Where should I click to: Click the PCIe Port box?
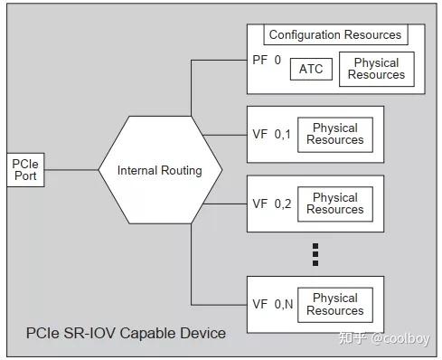24,170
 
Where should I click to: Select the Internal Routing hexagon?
159,170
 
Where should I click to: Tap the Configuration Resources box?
334,35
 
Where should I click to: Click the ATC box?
311,69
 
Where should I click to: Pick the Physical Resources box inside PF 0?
376,69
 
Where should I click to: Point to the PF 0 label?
267,62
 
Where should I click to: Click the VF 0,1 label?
271,135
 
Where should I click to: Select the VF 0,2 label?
271,204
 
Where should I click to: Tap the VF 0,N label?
271,304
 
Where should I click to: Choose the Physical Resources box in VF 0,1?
334,134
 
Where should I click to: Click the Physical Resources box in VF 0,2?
334,204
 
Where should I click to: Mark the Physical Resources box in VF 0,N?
334,304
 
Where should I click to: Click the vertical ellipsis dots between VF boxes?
315,254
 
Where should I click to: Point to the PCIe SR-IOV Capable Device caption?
126,334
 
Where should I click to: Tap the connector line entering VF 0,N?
217,303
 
